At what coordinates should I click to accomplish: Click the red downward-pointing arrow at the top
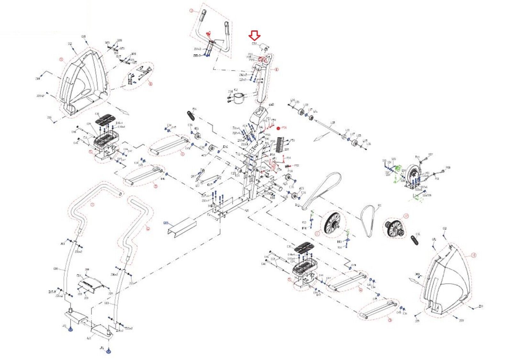point(255,35)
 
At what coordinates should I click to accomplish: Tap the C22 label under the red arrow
point(254,44)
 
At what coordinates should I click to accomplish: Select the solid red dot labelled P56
point(278,128)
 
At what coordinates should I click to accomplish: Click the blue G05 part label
point(166,223)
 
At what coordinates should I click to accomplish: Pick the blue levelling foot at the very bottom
point(109,351)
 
